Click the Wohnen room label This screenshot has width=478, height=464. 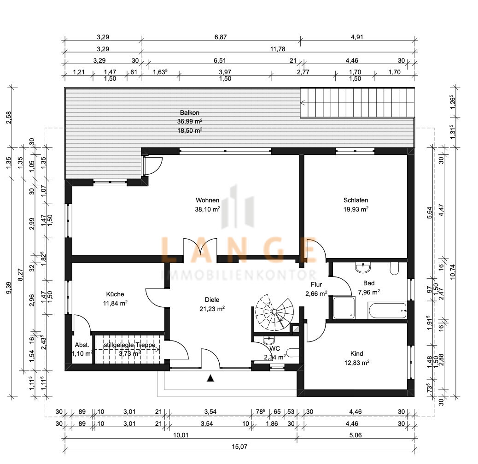point(207,200)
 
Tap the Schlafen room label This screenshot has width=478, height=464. point(356,200)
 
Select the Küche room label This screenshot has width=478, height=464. point(115,294)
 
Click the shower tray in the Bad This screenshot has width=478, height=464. point(344,308)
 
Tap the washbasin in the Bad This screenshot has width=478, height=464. point(363,268)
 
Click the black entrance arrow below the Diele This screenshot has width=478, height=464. point(210,378)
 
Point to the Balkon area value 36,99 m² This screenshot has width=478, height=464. point(190,122)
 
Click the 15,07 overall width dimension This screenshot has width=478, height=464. point(239,447)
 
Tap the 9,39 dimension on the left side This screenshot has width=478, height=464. point(9,288)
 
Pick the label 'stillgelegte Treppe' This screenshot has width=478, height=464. point(129,345)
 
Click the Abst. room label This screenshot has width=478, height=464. point(82,345)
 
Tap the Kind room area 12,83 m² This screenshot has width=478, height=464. point(357,363)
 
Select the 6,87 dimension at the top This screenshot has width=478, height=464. point(221,37)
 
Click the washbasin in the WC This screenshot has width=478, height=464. point(268,340)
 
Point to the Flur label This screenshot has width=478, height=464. point(316,285)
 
